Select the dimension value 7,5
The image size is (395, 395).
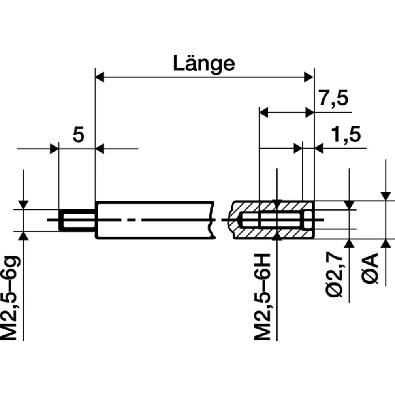coord(334,99)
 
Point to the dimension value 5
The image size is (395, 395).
coord(78,135)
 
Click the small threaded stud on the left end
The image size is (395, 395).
coord(77,220)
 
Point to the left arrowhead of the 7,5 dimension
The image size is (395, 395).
coord(263,113)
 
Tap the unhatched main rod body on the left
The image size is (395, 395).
coord(154,220)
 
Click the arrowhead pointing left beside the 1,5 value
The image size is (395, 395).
coord(319,149)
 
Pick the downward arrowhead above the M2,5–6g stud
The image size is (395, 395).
coord(24,205)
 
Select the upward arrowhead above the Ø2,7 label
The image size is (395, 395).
coord(349,243)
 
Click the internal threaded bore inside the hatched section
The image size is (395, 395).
coord(273,220)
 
